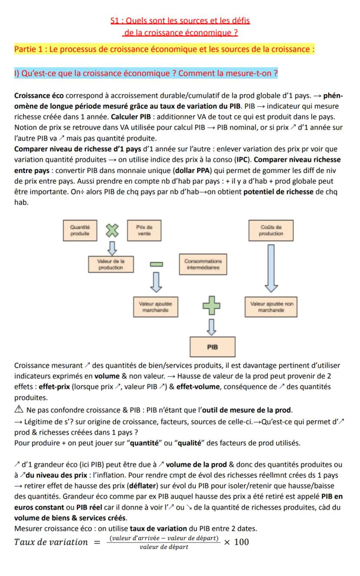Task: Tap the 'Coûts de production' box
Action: pos(271,230)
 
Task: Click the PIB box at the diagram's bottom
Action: pos(212,347)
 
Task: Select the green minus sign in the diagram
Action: pos(156,264)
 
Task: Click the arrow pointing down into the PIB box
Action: pos(212,327)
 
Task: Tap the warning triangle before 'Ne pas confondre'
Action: pos(18,410)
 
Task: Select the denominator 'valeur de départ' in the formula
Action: pos(164,547)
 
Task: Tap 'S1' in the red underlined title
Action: pos(115,20)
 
